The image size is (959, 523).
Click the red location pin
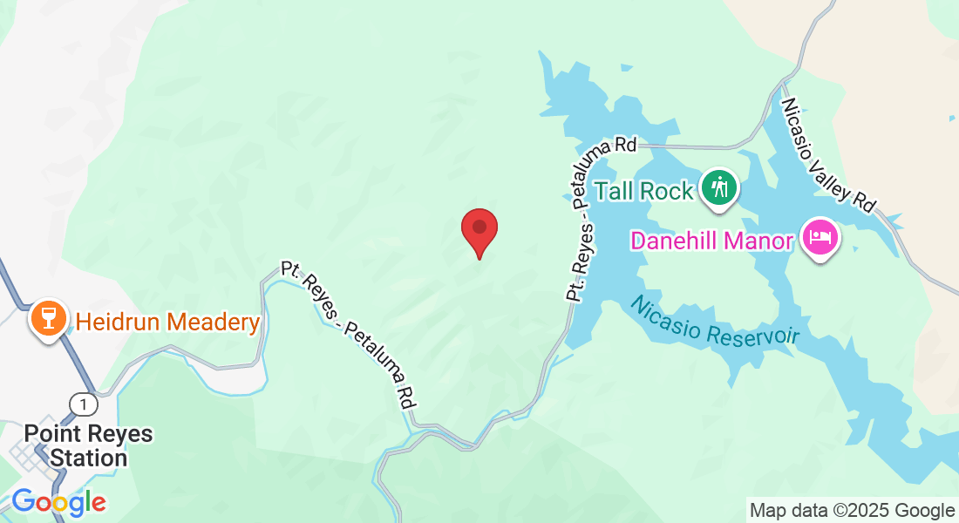tap(479, 229)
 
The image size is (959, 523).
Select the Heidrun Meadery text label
tap(167, 323)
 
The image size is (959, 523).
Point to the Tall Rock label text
tap(643, 190)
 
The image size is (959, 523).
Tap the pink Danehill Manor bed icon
tap(820, 237)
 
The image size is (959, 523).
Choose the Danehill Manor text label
tap(712, 241)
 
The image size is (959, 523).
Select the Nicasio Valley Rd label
tap(827, 154)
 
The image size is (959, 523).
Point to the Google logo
tap(58, 502)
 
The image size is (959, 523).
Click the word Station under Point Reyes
tap(88, 458)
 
